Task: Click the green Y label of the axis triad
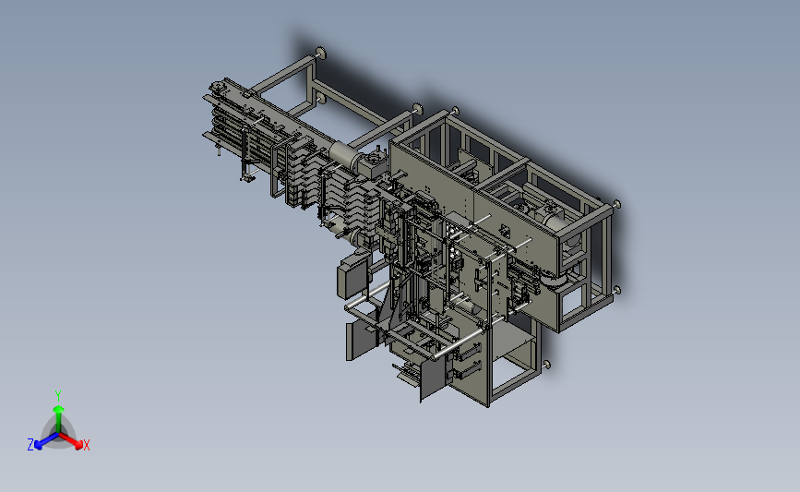(x=58, y=396)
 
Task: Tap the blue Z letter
(x=30, y=445)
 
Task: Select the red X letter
(x=86, y=445)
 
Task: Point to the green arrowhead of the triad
(x=58, y=409)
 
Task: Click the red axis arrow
(x=70, y=440)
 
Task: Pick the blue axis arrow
(x=46, y=441)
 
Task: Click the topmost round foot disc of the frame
(x=321, y=53)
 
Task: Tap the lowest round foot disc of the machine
(x=547, y=365)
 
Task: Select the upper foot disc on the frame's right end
(x=616, y=204)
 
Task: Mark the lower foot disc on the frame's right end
(x=616, y=291)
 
